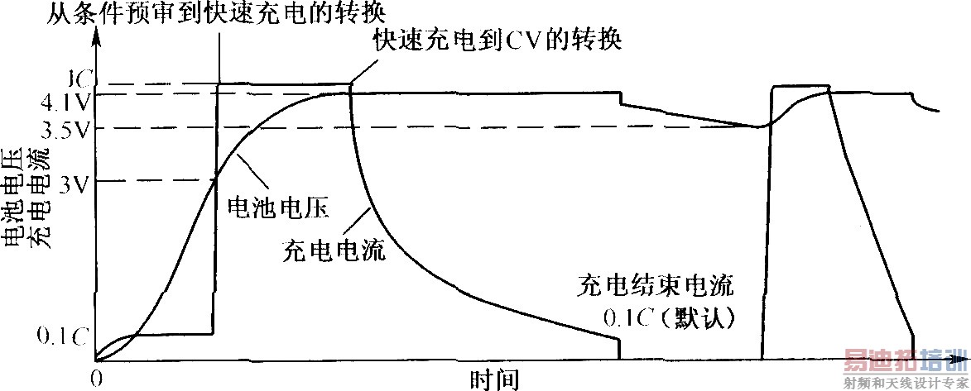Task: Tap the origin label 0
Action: [96, 379]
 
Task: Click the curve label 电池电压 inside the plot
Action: [278, 209]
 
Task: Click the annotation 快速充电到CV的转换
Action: [497, 40]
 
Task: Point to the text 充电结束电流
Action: [654, 288]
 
